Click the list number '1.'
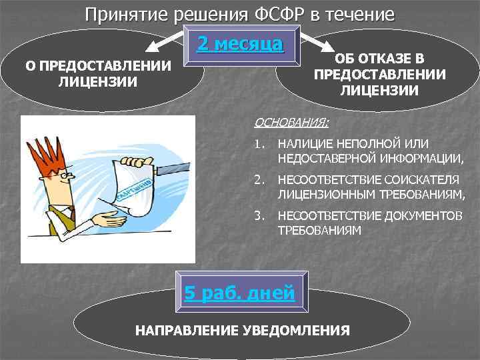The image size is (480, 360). coord(259,144)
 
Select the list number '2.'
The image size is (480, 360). coord(259,181)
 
